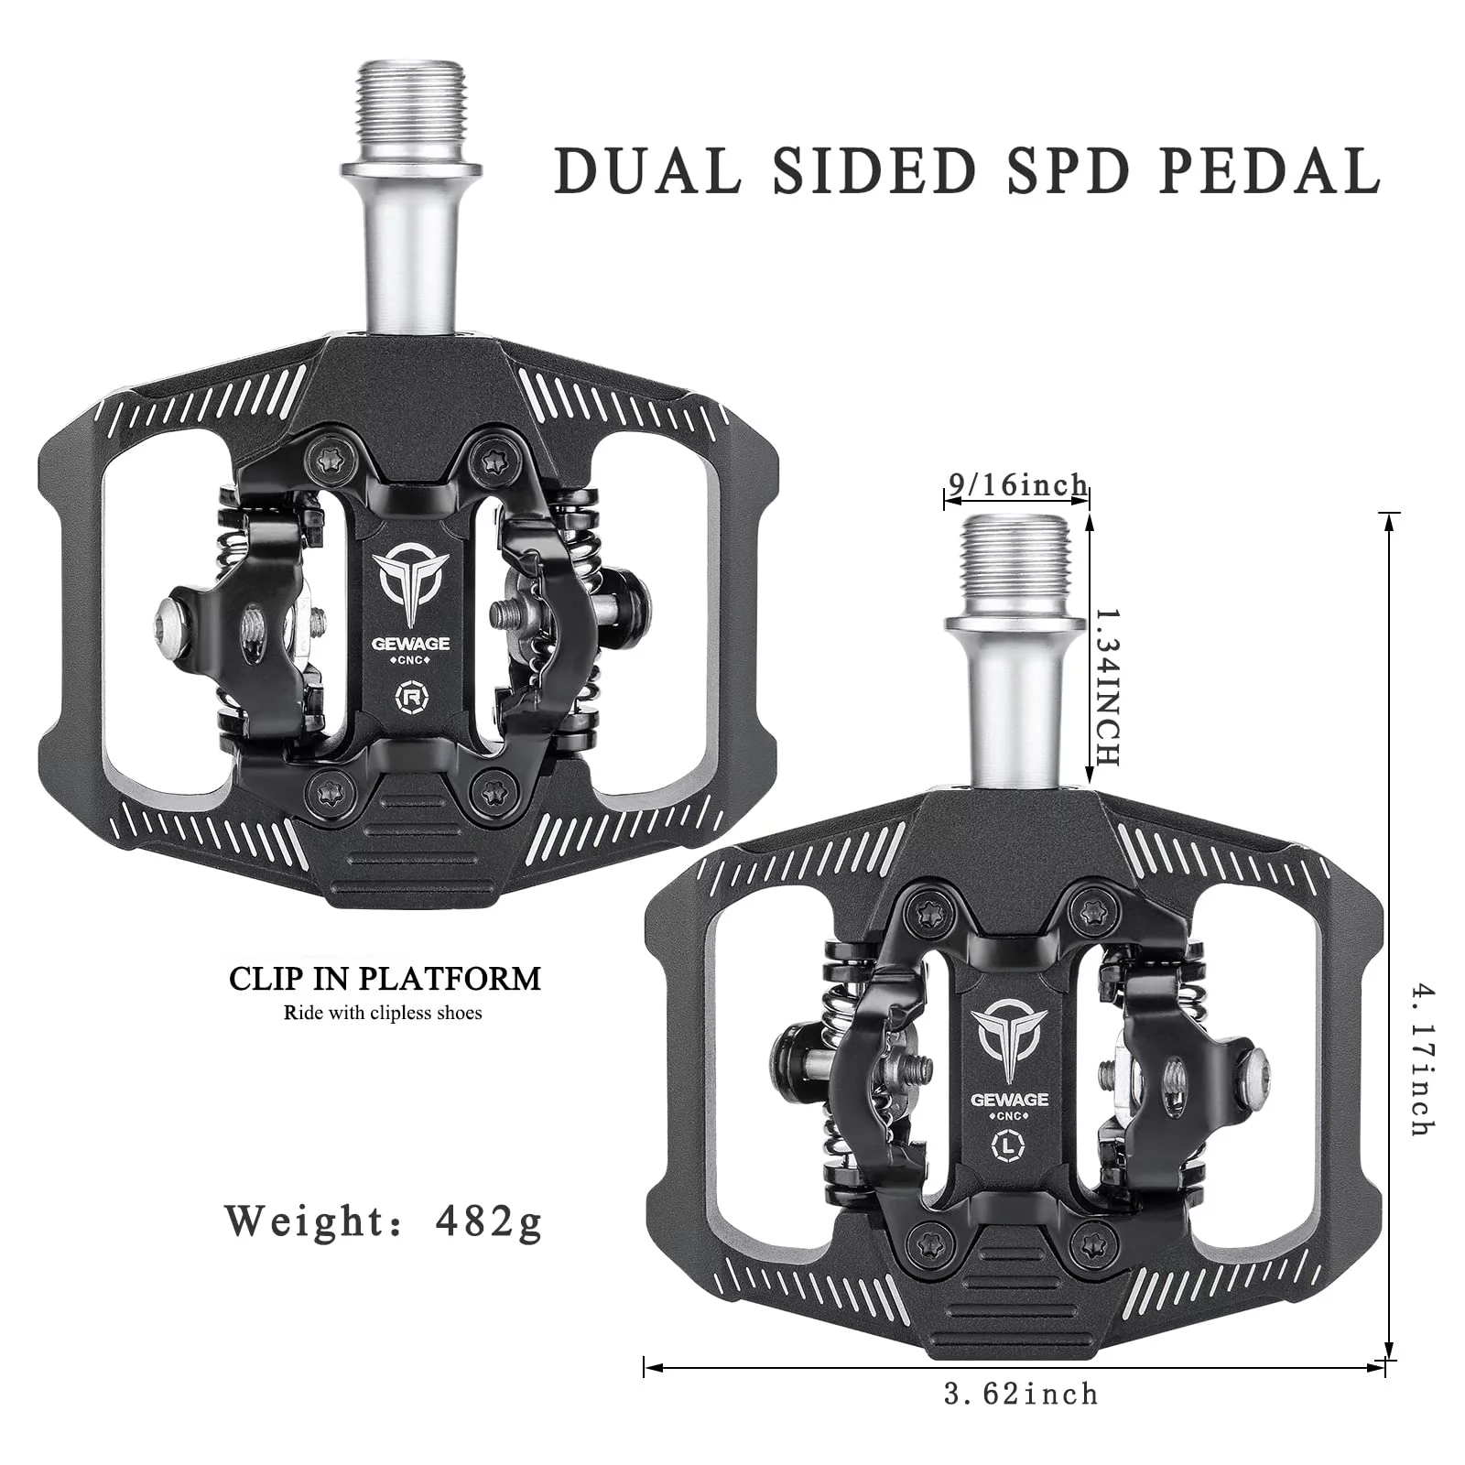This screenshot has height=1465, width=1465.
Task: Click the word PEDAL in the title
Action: click(x=1269, y=169)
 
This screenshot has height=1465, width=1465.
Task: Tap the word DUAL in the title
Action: click(x=647, y=169)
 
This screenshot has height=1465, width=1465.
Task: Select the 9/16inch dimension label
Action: click(x=1017, y=484)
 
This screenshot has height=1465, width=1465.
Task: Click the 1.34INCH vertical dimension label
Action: click(x=1106, y=686)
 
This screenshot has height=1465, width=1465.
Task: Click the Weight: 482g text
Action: click(x=385, y=1221)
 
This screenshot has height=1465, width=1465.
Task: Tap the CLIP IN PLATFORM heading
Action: click(x=385, y=979)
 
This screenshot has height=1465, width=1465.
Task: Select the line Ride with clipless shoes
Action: click(x=383, y=1013)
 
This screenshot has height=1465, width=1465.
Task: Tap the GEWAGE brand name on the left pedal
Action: click(x=409, y=643)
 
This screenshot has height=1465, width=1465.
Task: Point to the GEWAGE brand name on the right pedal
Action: click(x=1010, y=1099)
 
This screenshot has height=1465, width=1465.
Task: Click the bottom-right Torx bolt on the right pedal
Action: click(x=1090, y=1244)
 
